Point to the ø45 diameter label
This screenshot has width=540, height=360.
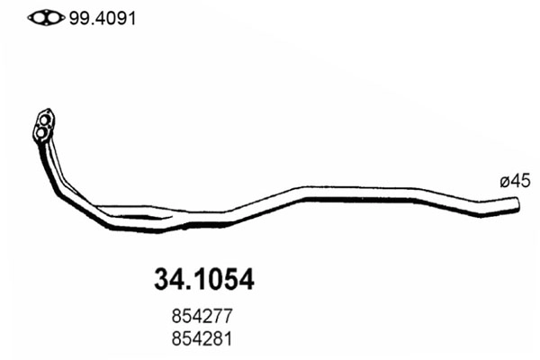pos(514,182)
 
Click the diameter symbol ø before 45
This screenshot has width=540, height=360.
pos(504,183)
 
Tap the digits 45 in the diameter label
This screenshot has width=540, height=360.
pos(519,182)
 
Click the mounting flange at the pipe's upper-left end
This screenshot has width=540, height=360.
pos(43,126)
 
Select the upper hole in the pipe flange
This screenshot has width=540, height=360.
pos(45,118)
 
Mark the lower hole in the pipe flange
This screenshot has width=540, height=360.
pos(40,134)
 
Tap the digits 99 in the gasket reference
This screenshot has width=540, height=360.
pos(73,17)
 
